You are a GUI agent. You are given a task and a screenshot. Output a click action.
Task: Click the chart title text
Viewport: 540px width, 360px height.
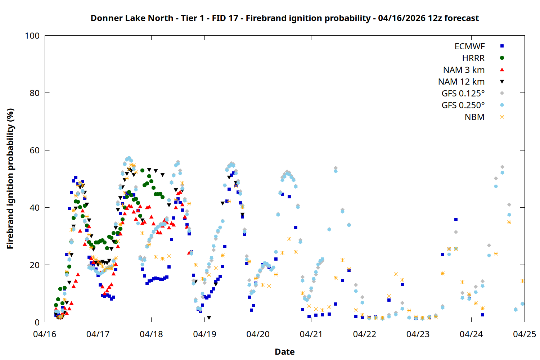(x=284, y=18)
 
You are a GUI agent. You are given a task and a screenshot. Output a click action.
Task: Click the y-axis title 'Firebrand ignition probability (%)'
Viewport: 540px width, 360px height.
(x=10, y=179)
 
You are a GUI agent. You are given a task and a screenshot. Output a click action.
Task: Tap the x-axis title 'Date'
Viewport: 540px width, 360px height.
(x=284, y=352)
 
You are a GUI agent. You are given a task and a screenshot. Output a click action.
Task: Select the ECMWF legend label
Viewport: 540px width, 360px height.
(x=469, y=46)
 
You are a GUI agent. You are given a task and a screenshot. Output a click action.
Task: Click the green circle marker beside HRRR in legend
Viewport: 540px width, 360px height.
(x=502, y=58)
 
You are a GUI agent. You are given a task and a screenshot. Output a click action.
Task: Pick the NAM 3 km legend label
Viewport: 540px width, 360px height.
(x=464, y=70)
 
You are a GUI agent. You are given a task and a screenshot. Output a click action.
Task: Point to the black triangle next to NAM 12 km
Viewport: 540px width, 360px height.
(x=502, y=82)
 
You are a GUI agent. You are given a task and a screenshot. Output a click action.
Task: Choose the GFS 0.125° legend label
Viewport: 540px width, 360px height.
(x=463, y=94)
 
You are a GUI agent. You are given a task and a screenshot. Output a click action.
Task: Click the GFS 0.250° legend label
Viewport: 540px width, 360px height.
(x=463, y=105)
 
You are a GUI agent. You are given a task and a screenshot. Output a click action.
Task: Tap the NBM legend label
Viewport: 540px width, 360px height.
(x=474, y=117)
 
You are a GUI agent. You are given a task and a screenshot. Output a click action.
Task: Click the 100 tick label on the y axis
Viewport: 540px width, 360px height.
(x=32, y=36)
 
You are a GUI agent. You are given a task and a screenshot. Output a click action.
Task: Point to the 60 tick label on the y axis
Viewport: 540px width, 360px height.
(x=35, y=150)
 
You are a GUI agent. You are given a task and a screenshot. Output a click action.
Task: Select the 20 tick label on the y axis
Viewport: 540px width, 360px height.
(x=35, y=265)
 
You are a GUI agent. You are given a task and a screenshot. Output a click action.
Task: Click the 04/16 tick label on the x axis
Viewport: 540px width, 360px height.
(x=45, y=334)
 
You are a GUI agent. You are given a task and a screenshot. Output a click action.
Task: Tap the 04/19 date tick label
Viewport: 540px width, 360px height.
(x=204, y=334)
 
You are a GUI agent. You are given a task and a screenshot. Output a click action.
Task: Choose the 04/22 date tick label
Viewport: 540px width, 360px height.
(x=364, y=334)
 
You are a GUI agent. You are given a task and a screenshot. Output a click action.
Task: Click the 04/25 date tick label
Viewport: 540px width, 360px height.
(x=524, y=334)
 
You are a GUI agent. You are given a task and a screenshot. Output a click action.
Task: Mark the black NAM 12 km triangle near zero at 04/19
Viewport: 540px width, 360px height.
(x=209, y=318)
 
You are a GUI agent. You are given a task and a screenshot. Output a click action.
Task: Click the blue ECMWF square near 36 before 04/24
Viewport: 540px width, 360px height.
(x=456, y=219)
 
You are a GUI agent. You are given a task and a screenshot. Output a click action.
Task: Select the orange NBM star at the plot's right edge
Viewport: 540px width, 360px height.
(x=522, y=281)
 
